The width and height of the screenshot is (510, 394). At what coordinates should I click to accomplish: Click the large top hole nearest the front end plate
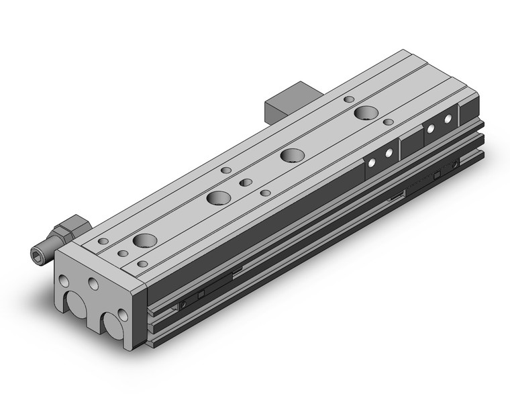click(144, 240)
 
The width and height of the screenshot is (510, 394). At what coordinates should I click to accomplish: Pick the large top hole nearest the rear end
click(366, 112)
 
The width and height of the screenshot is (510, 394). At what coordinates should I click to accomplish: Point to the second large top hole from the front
click(218, 197)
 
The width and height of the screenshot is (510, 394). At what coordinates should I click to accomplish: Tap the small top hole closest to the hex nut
click(103, 241)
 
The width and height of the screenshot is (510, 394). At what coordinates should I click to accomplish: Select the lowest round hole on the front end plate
click(123, 315)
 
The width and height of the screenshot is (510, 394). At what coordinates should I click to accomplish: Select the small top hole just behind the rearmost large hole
click(348, 99)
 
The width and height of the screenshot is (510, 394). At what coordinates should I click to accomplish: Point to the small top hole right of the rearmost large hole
click(389, 122)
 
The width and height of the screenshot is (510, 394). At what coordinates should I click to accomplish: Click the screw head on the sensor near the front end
click(183, 306)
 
